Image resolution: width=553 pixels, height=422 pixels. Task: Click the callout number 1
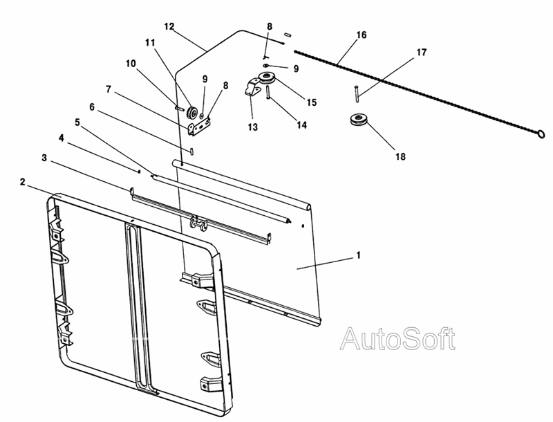pyautogui.click(x=359, y=255)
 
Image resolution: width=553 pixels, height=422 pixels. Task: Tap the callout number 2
pyautogui.click(x=23, y=183)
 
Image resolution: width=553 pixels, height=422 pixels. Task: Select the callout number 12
pyautogui.click(x=169, y=26)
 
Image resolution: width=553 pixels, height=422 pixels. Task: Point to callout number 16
pyautogui.click(x=362, y=35)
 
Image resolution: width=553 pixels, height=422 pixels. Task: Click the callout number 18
pyautogui.click(x=401, y=156)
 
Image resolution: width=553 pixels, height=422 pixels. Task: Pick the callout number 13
pyautogui.click(x=253, y=127)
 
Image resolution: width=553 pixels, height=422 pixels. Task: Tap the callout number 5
pyautogui.click(x=77, y=122)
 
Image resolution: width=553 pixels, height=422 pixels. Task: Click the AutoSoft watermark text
pyautogui.click(x=397, y=339)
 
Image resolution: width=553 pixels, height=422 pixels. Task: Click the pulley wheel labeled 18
pyautogui.click(x=359, y=119)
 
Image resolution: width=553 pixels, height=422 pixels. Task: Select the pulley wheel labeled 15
pyautogui.click(x=267, y=78)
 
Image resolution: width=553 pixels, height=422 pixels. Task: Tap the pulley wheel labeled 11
pyautogui.click(x=193, y=112)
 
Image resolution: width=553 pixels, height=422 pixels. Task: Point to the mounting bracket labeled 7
pyautogui.click(x=200, y=126)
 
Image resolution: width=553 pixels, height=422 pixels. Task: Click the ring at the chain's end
pyautogui.click(x=541, y=134)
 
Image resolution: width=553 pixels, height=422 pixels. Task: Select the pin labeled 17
pyautogui.click(x=357, y=94)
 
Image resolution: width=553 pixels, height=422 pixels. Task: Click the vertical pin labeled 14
pyautogui.click(x=269, y=93)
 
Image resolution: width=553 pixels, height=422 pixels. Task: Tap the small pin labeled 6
pyautogui.click(x=191, y=151)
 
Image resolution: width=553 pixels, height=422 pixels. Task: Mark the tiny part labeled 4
pyautogui.click(x=140, y=172)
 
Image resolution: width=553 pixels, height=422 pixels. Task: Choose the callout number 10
pyautogui.click(x=131, y=64)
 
